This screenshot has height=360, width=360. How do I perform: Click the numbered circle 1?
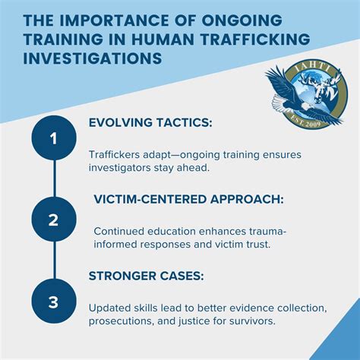pyautogui.click(x=54, y=138)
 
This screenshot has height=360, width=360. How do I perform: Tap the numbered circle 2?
pyautogui.click(x=54, y=219)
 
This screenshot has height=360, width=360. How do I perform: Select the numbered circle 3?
pyautogui.click(x=54, y=302)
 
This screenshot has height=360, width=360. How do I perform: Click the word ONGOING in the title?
pyautogui.click(x=242, y=21)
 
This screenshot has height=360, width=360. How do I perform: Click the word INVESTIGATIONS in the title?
pyautogui.click(x=93, y=58)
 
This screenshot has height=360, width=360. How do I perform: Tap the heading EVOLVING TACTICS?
pyautogui.click(x=150, y=123)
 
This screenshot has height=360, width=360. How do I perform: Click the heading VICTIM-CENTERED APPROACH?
pyautogui.click(x=189, y=199)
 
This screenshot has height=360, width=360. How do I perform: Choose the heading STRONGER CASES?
pyautogui.click(x=147, y=276)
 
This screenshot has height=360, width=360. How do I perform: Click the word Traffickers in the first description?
pyautogui.click(x=114, y=154)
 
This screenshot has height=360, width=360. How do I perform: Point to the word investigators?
pyautogui.click(x=120, y=168)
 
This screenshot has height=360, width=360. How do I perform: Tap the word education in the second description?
pyautogui.click(x=172, y=232)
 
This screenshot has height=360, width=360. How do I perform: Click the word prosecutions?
pyautogui.click(x=121, y=321)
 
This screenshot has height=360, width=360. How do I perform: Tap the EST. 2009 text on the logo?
pyautogui.click(x=306, y=122)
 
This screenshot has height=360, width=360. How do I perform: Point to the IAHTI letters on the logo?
pyautogui.click(x=313, y=67)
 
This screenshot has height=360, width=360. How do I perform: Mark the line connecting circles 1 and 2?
pyautogui.click(x=54, y=178)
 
